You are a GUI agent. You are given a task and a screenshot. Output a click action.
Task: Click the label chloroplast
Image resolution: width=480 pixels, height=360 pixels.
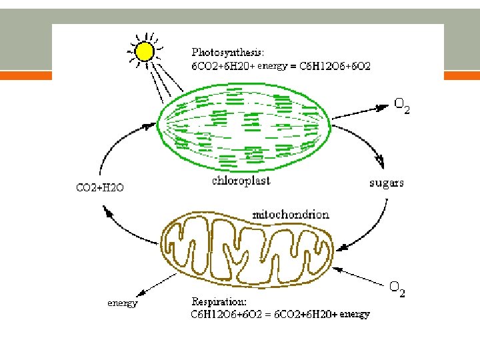tap(241, 181)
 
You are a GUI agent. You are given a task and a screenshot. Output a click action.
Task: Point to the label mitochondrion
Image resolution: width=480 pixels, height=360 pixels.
tap(291, 215)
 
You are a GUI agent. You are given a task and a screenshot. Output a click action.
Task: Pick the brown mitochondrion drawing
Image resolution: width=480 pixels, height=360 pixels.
tap(247, 245)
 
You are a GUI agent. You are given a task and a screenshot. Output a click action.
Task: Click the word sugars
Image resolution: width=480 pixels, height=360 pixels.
tap(387, 183)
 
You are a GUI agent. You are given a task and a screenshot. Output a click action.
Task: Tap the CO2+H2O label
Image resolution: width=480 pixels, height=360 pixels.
tap(99, 187)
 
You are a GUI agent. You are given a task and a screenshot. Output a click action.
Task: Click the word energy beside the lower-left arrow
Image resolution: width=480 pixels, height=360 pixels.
tap(123, 303)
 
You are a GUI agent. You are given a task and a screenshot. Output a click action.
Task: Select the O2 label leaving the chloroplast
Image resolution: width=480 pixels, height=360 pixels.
tap(401, 105)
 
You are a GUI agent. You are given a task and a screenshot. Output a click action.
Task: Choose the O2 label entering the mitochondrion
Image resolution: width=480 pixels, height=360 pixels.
tap(397, 289)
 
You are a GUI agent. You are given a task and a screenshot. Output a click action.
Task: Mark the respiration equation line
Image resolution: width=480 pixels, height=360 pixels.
tap(280, 314)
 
